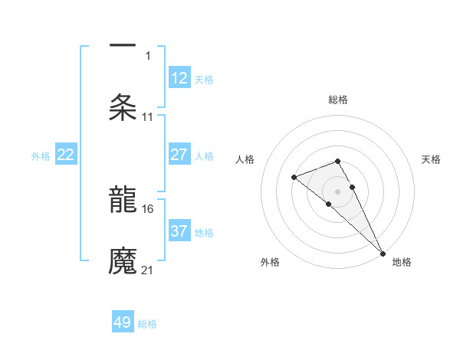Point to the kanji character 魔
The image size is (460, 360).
pos(123,261)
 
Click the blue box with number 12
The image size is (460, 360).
pos(179,78)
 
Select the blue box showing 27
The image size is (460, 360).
pos(179,155)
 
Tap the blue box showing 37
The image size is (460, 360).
pos(179,231)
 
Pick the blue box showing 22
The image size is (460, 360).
pos(66,155)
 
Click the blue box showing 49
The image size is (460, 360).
pos(123,322)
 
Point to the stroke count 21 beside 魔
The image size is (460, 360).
pos(148,270)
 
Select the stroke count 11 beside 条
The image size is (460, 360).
pos(148,116)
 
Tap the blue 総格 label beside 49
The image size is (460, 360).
pos(148,324)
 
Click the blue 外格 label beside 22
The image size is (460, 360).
pos(41,156)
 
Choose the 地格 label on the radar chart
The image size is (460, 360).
pos(402,262)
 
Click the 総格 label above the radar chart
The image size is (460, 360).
pos(338,100)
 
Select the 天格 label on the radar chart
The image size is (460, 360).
pos(431,159)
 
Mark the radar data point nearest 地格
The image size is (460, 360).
pos(382,254)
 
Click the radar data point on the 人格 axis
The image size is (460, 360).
pos(294,178)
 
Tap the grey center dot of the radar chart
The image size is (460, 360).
pos(338,191)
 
